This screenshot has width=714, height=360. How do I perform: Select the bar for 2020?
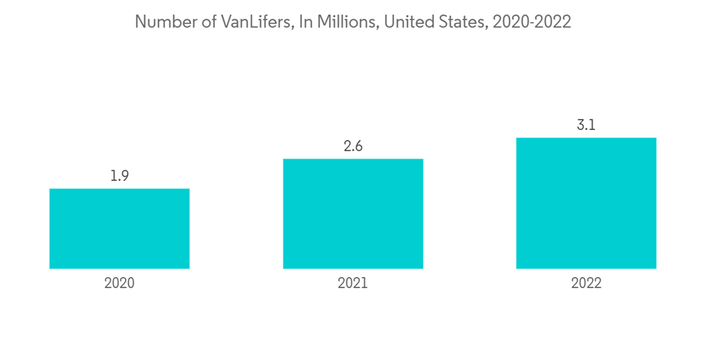point(119,229)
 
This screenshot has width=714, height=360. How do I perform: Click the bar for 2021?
point(353,214)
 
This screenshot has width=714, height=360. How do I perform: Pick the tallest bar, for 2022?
point(586,203)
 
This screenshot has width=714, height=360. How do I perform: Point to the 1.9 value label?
point(119,176)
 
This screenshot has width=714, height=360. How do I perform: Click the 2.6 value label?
point(353,146)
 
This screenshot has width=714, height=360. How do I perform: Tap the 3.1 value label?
point(586,125)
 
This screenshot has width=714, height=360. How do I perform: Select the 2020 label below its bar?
point(119,283)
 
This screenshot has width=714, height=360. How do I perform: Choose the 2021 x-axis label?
point(353,283)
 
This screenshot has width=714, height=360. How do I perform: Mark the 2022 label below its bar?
point(586,283)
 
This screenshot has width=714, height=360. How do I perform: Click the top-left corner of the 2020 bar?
point(50,189)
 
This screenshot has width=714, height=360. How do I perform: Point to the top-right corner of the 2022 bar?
point(655,138)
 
